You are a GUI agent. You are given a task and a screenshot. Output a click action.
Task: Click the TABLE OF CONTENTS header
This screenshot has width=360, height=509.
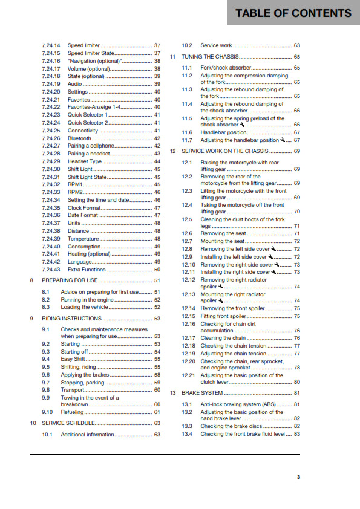(x=293, y=13)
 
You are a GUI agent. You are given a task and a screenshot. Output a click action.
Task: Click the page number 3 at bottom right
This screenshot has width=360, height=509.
(x=298, y=478)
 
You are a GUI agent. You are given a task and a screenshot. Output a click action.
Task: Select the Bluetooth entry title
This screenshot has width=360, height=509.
(x=79, y=138)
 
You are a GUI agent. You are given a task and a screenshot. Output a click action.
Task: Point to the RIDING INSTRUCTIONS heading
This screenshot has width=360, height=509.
(x=71, y=318)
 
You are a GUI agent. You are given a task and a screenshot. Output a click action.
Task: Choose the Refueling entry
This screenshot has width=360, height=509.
(x=73, y=412)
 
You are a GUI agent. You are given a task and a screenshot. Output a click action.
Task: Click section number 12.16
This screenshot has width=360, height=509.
(x=189, y=324)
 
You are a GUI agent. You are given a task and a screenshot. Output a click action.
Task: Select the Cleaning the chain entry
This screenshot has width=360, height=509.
(x=223, y=338)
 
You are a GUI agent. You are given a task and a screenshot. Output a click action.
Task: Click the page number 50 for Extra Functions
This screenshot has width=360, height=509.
(x=157, y=270)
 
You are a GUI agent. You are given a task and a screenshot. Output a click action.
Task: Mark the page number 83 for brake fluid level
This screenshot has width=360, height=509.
(x=296, y=434)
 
